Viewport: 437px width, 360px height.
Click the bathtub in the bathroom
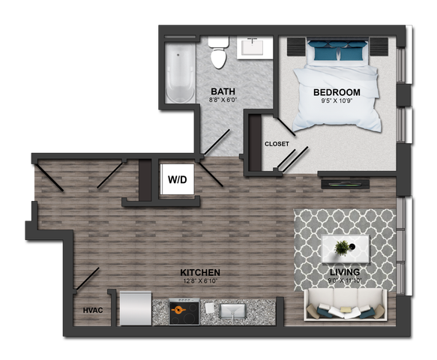coord(179,72)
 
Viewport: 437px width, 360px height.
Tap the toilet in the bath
coord(218,52)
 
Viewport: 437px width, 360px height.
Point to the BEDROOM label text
coord(337,92)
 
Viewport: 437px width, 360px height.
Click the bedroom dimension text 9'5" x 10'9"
coord(337,102)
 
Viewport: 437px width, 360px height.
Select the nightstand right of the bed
coord(379,46)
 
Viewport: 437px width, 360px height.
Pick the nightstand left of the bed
coord(296,46)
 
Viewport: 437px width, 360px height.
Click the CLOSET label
coord(277,143)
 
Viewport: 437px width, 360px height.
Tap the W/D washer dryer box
coord(178,180)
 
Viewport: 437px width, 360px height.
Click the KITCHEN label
coord(199,272)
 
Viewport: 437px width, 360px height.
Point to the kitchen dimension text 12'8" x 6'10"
coord(199,282)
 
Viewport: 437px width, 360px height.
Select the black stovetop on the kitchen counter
coord(184,311)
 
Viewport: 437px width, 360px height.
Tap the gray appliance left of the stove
coord(136,308)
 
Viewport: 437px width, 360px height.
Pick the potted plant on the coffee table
coord(343,247)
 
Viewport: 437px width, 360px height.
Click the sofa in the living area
coord(345,307)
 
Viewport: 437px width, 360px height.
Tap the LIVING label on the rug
coord(345,272)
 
